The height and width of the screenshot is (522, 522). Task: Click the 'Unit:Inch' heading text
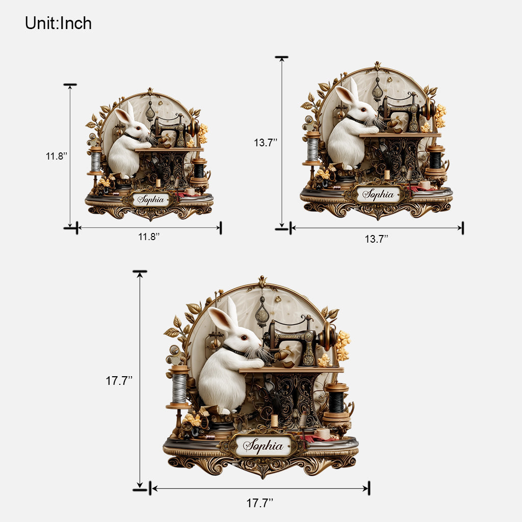click(58, 23)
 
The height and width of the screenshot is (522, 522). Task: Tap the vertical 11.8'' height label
click(57, 156)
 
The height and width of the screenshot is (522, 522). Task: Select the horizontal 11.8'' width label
click(149, 237)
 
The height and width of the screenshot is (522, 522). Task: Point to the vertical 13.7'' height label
click(265, 143)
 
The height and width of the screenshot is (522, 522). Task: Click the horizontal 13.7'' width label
click(377, 239)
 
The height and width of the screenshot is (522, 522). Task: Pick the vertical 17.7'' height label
click(119, 380)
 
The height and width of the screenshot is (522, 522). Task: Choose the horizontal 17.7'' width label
click(259, 503)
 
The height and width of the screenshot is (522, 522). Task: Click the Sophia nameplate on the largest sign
click(263, 446)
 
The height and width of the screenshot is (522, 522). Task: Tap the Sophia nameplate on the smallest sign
click(151, 200)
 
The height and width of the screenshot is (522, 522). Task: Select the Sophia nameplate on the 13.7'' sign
click(378, 195)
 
